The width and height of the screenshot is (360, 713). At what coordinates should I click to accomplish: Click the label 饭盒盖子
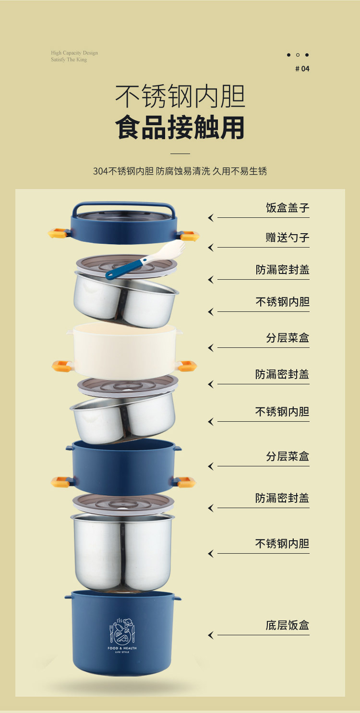(x=288, y=208)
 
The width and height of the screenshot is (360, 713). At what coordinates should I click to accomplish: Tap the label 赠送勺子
(x=288, y=238)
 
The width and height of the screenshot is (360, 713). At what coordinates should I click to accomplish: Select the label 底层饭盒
(x=288, y=625)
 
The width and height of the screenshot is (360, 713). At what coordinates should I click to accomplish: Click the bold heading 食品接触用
(x=180, y=128)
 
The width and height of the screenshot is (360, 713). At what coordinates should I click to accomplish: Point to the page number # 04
(x=302, y=69)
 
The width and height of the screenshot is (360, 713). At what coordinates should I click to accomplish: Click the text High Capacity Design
(x=74, y=53)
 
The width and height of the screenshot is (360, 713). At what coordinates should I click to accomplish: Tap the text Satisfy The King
(x=69, y=59)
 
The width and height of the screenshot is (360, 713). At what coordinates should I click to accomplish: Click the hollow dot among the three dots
(x=298, y=55)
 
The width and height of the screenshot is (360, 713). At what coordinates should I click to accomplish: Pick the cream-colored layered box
(x=124, y=350)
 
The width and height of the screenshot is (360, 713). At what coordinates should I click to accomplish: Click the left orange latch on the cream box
(x=61, y=366)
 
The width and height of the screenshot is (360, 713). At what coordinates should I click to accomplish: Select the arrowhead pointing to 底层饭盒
(x=210, y=635)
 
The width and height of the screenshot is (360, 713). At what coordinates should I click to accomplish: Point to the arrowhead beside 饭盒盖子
(x=210, y=218)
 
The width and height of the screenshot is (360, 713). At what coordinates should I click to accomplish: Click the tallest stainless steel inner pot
(x=122, y=552)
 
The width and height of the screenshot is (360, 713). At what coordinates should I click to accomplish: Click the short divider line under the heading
(x=180, y=154)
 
